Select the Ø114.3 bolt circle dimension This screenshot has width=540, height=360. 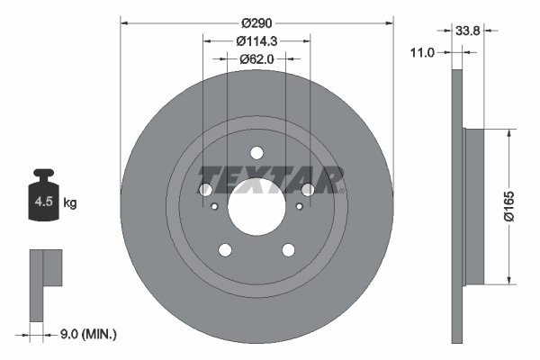(256, 40)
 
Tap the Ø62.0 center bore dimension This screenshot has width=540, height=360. (256, 58)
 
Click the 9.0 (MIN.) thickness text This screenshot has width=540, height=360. (87, 334)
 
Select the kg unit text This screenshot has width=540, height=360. (70, 203)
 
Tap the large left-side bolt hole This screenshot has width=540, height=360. (204, 190)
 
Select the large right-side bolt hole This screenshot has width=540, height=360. (308, 190)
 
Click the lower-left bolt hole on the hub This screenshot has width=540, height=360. (224, 251)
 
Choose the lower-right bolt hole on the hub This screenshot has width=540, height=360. (289, 251)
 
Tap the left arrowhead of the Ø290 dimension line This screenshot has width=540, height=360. (124, 21)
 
